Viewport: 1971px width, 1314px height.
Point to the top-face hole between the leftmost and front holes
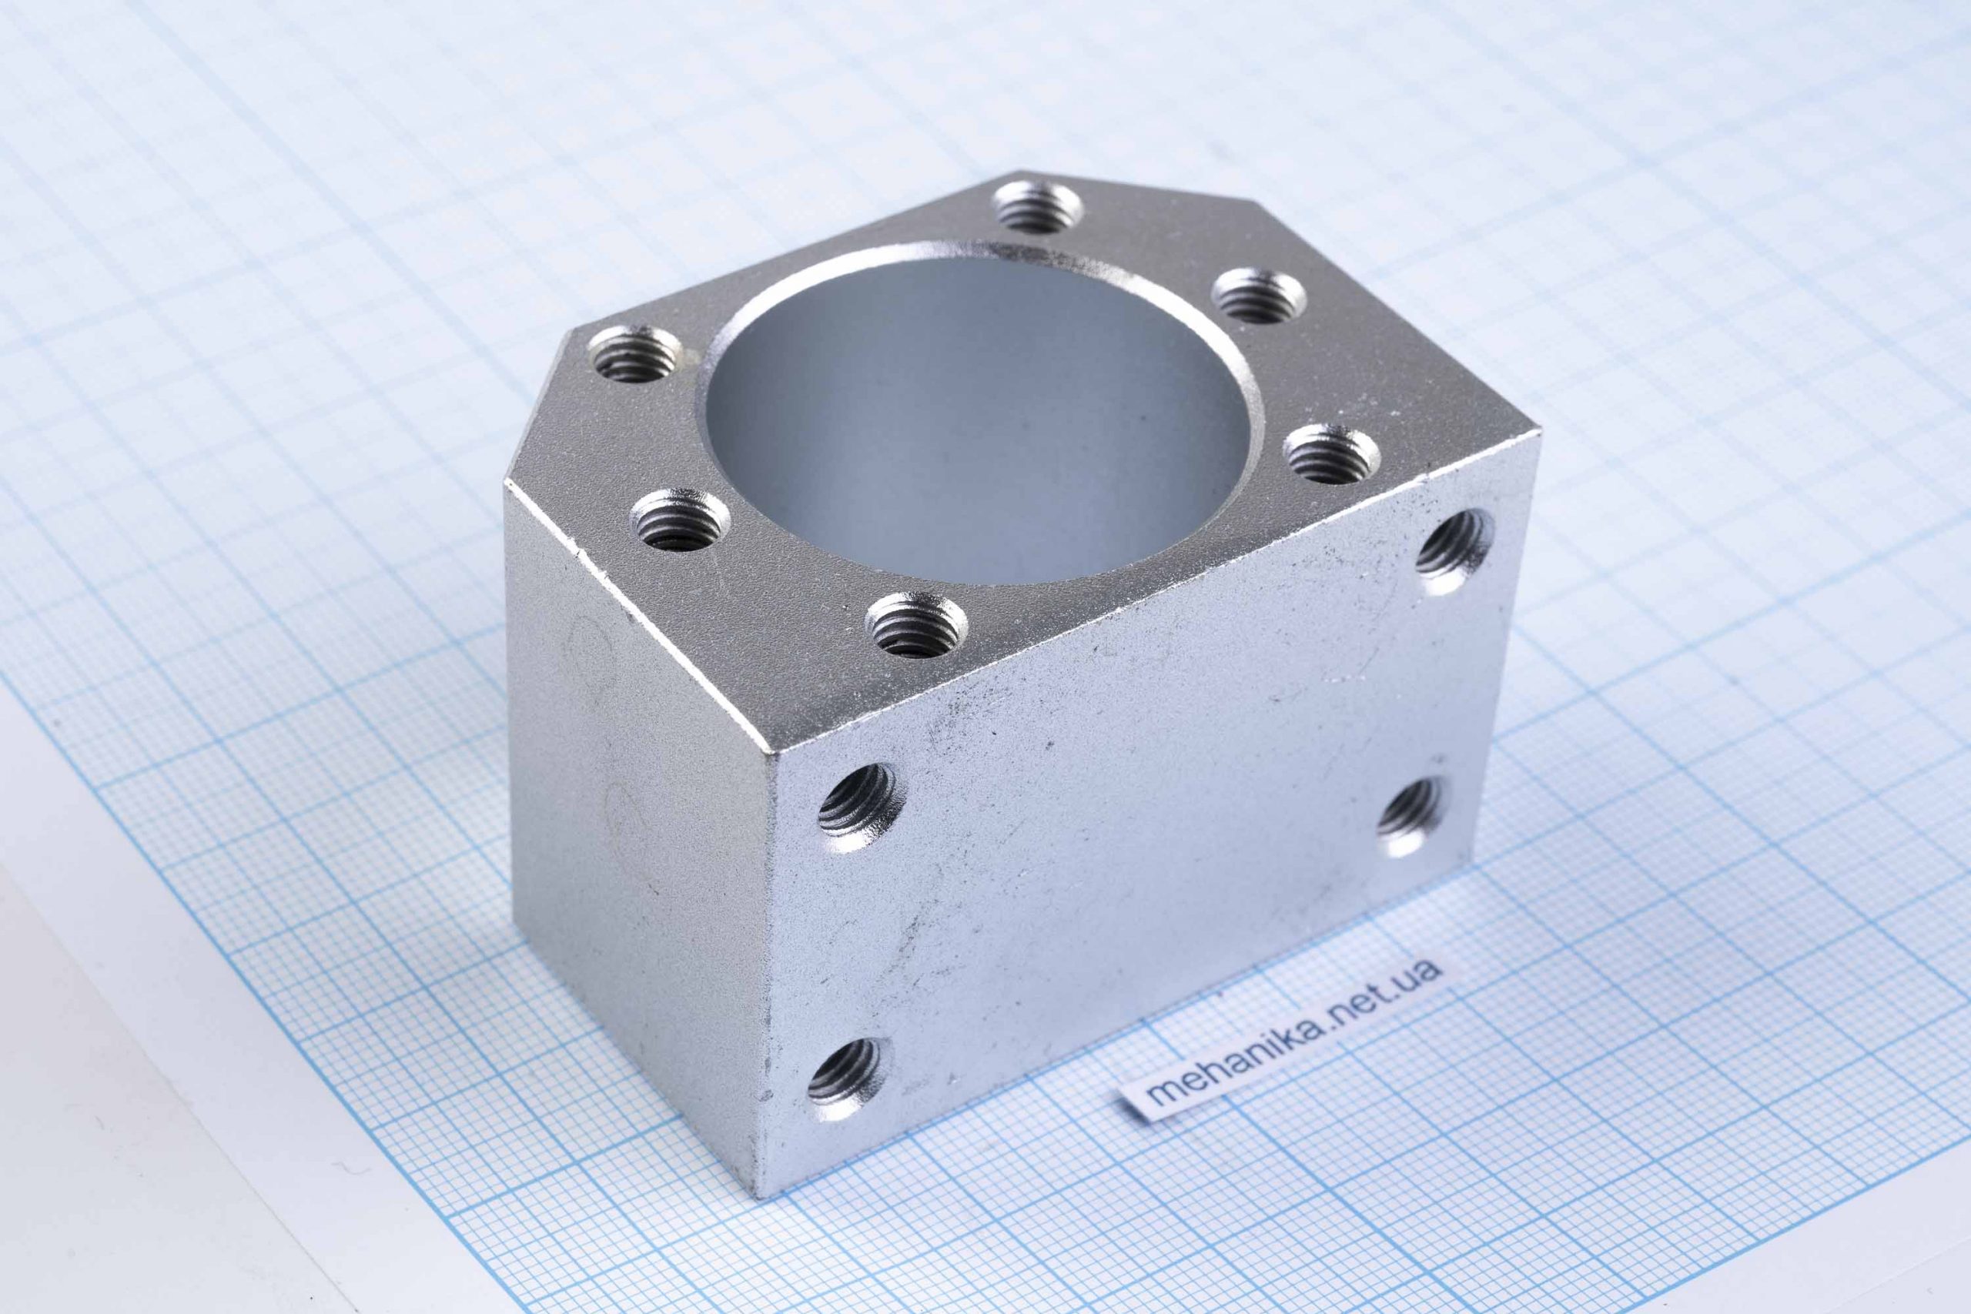pos(680,519)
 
